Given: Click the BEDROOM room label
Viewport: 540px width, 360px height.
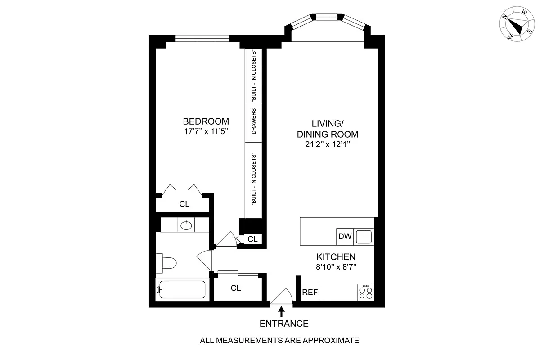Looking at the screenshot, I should click(x=206, y=121).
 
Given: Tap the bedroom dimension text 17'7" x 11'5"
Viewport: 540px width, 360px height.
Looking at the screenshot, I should click(x=206, y=132).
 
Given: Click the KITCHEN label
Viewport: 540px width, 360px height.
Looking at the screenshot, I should click(x=336, y=257).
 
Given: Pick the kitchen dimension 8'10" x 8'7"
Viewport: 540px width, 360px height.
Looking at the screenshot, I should click(x=336, y=267).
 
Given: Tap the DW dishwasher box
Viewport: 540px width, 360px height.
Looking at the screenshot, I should click(x=344, y=237).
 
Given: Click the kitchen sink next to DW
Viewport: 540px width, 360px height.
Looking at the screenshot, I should click(x=364, y=237).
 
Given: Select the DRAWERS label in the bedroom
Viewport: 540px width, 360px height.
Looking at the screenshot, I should click(x=254, y=122).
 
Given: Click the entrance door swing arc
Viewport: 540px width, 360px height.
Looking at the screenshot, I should click(x=283, y=296).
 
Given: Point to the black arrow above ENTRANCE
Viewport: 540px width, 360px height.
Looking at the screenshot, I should click(x=282, y=311).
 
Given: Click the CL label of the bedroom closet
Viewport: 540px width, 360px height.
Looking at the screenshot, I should click(x=184, y=204).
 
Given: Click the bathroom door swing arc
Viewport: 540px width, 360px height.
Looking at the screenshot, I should click(x=205, y=260).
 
